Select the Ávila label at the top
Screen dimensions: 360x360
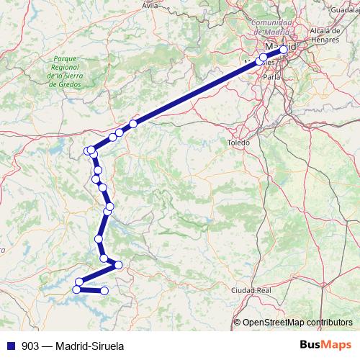pyautogui.click(x=150, y=5)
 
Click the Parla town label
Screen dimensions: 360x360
pyautogui.click(x=271, y=76)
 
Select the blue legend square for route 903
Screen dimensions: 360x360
pyautogui.click(x=11, y=346)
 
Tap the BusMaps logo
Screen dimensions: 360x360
pyautogui.click(x=325, y=345)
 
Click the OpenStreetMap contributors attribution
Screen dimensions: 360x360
pyautogui.click(x=297, y=322)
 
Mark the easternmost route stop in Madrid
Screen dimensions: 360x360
pyautogui.click(x=284, y=50)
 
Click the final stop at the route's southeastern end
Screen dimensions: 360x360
pyautogui.click(x=104, y=291)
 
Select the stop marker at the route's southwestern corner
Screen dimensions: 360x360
pyautogui.click(x=76, y=289)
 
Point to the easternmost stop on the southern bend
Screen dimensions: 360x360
pyautogui.click(x=118, y=265)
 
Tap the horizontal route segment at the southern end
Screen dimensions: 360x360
pyautogui.click(x=91, y=290)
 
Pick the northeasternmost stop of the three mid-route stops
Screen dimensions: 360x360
pyautogui.click(x=133, y=124)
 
